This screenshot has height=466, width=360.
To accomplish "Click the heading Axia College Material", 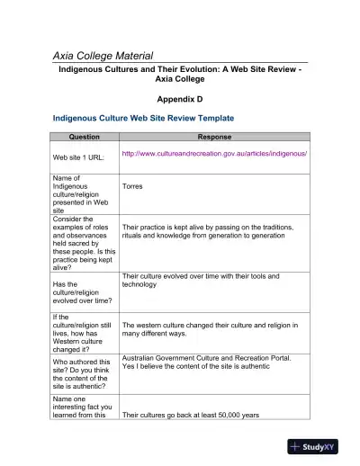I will point(115,56).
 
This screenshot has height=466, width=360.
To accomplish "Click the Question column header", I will point(84,137).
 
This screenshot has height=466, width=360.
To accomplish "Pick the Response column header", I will point(213,137).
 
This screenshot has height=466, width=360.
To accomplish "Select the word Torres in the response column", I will point(134,187).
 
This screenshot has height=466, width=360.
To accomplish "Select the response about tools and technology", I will point(201,280).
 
